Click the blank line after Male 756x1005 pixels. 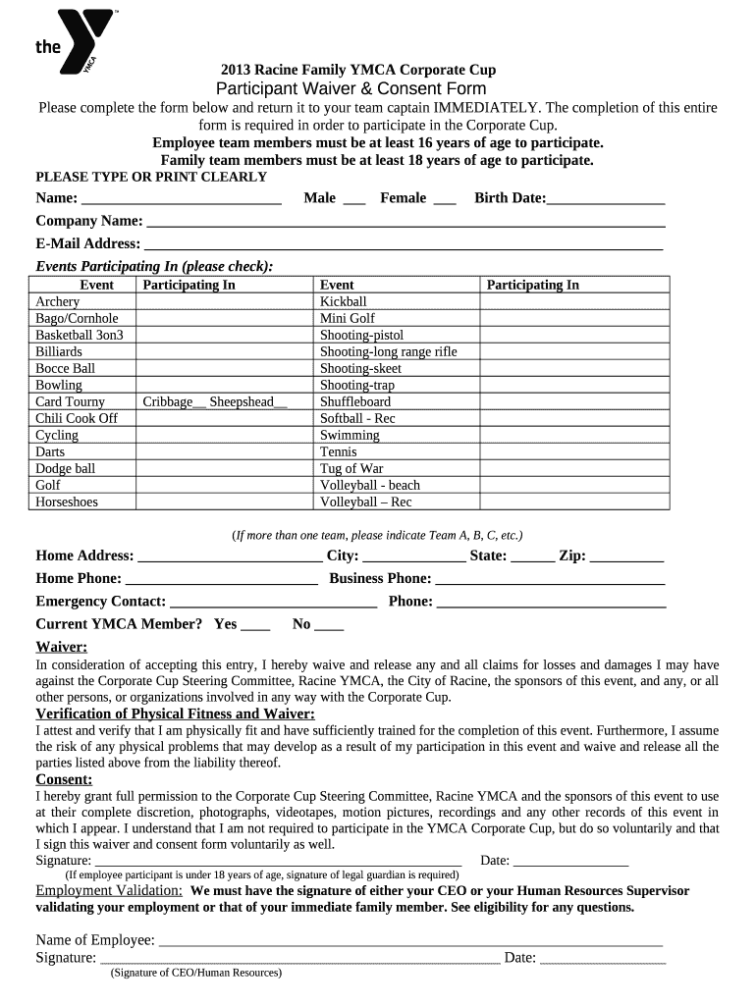click(x=354, y=199)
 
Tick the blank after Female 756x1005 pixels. click(x=444, y=199)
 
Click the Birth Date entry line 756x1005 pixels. click(x=606, y=199)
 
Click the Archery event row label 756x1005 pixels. click(x=58, y=302)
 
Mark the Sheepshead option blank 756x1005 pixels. click(x=281, y=402)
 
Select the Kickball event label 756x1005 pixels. click(x=344, y=302)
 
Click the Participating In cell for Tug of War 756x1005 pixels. click(x=574, y=469)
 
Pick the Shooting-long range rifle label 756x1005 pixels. click(x=388, y=352)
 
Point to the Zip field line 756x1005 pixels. click(x=626, y=557)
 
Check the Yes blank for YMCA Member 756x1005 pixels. click(x=255, y=626)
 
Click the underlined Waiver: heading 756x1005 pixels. click(x=62, y=648)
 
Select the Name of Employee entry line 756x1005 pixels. click(x=410, y=942)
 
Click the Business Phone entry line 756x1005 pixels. click(x=550, y=580)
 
